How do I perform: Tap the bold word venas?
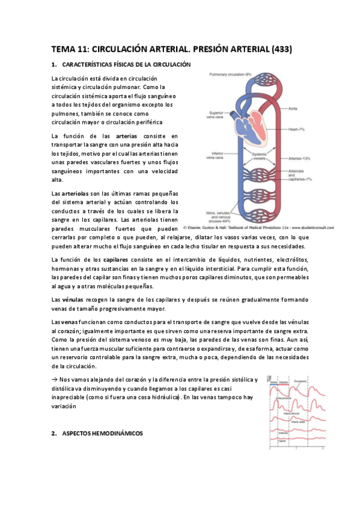pyautogui.click(x=70, y=323)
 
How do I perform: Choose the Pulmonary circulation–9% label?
pyautogui.click(x=234, y=74)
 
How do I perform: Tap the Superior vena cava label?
pyautogui.click(x=215, y=114)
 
